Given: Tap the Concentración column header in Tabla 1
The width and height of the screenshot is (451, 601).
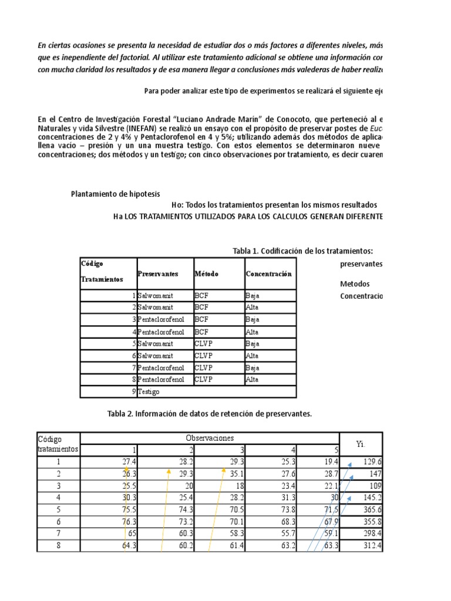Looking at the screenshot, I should (268, 274).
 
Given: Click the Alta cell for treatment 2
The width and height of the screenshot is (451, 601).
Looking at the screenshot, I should (252, 307).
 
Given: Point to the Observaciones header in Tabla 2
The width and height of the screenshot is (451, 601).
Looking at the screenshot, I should (210, 438).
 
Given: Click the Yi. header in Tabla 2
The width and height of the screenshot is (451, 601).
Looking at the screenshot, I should (361, 444).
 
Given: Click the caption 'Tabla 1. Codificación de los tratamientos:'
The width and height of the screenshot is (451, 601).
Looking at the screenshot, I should (302, 251).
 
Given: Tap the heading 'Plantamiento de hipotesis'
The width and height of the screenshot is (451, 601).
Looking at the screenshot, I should (115, 194).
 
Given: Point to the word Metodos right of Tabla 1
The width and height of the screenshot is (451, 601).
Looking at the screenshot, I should (355, 284).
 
